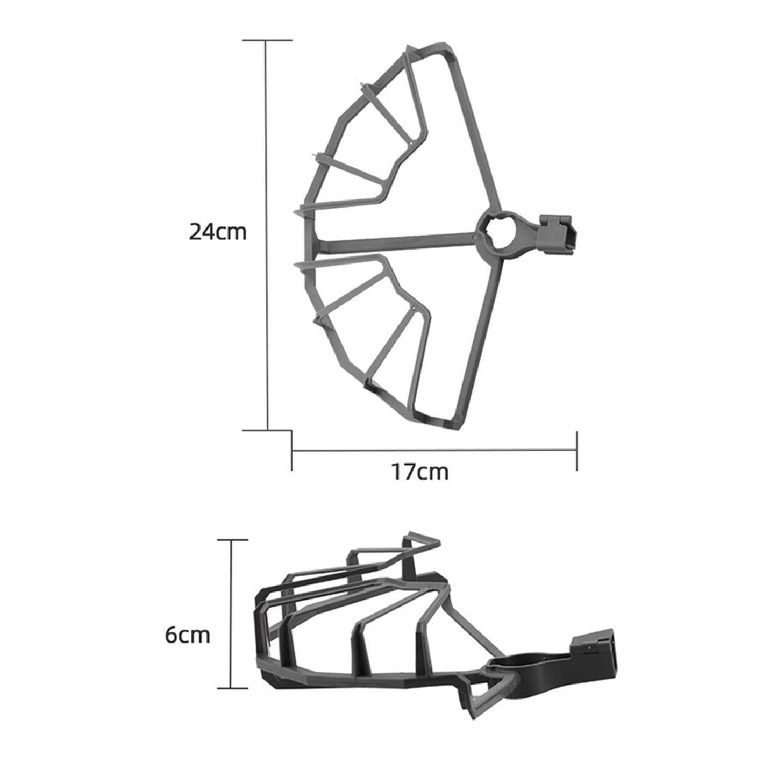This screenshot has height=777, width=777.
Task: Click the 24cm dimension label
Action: coord(218,232)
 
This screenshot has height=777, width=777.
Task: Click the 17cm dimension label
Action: coord(419,472)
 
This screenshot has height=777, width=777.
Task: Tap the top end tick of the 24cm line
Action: coord(267,40)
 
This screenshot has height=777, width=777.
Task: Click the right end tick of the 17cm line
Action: coord(577,451)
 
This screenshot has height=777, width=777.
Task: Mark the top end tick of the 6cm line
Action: coord(232,540)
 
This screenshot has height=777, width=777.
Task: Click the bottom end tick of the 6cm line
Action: coord(232,688)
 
